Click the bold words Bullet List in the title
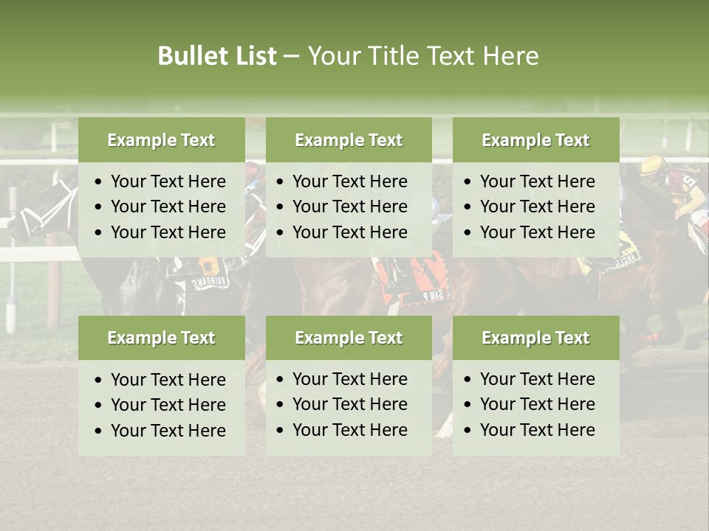click(216, 56)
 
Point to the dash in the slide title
click(292, 57)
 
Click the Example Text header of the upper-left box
click(161, 140)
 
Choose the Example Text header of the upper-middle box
click(349, 140)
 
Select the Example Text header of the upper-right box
click(535, 140)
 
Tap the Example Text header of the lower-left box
click(161, 338)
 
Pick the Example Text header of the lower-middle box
click(349, 338)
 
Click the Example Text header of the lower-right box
click(535, 338)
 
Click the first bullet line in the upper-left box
click(168, 181)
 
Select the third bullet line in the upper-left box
click(168, 232)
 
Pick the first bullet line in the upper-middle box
click(349, 181)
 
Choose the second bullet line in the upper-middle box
click(349, 206)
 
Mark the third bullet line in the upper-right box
click(537, 232)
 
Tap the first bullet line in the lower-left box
click(168, 380)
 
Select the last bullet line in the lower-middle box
click(349, 430)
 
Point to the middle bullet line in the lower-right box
click(537, 404)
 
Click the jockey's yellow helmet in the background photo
click(652, 166)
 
